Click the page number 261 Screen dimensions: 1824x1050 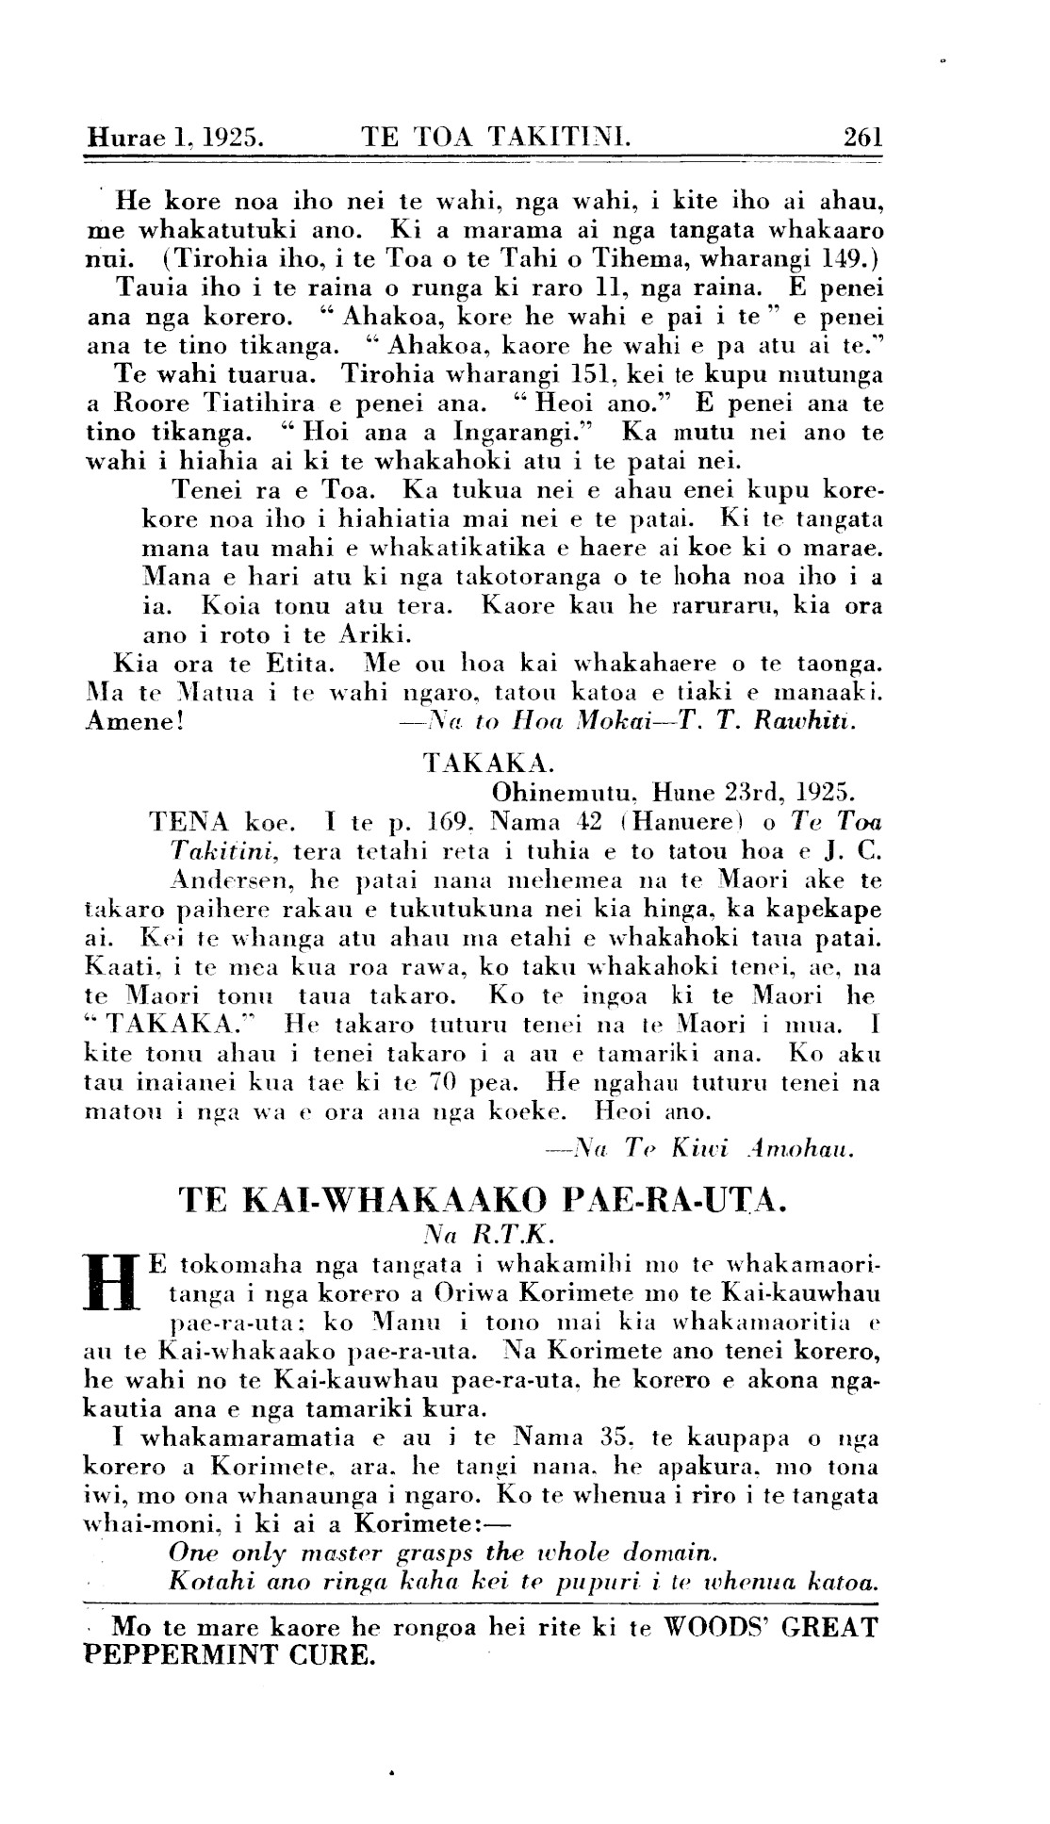tap(862, 138)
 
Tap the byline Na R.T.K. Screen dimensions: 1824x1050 tap(481, 1230)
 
